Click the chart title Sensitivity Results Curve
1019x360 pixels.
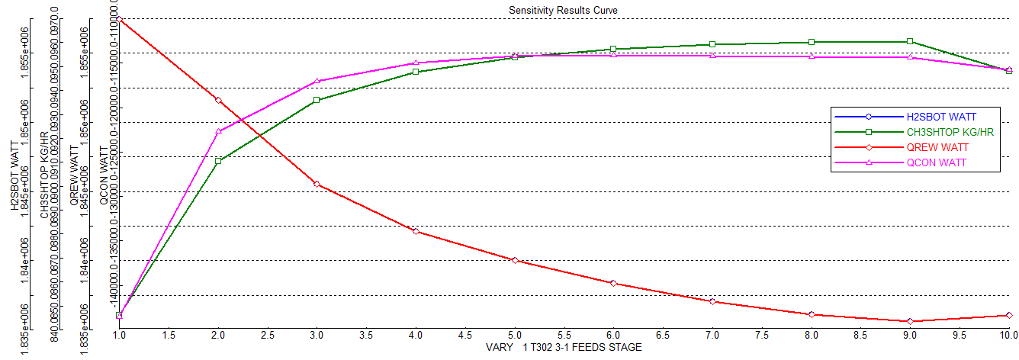click(563, 10)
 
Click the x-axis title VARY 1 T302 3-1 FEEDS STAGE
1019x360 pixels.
click(564, 348)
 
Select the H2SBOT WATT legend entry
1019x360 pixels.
click(941, 117)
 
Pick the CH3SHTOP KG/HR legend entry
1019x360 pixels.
click(950, 132)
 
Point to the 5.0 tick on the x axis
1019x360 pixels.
click(515, 335)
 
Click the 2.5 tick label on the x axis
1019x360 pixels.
click(268, 335)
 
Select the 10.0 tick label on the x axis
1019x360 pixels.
click(1008, 335)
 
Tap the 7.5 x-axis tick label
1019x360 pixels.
click(762, 335)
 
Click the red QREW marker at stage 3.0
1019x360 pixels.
click(317, 185)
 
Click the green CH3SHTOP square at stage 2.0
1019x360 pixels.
click(218, 161)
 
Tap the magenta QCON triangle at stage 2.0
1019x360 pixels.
click(218, 131)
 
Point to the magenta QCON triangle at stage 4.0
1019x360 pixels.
click(416, 63)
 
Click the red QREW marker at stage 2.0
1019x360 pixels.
click(218, 100)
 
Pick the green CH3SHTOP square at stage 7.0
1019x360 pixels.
click(712, 44)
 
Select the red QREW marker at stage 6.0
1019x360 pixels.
click(613, 283)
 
